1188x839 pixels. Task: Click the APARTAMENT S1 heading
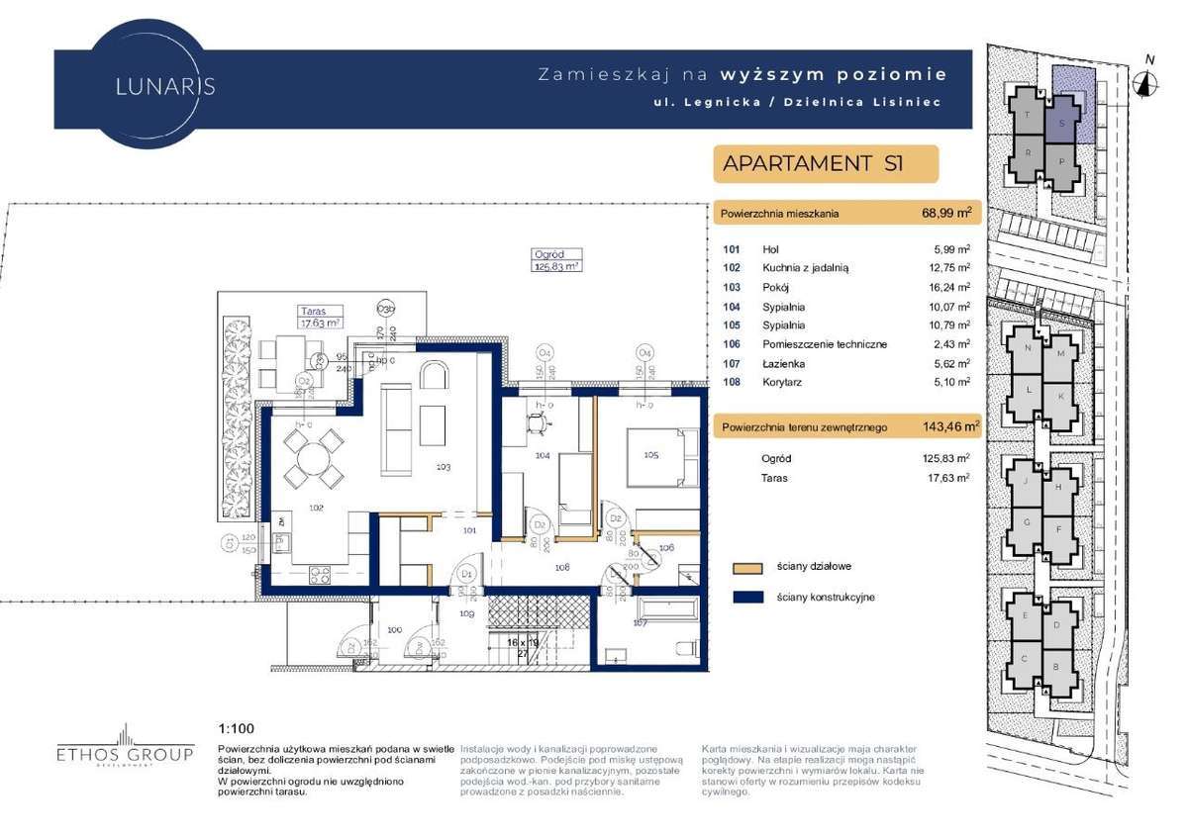[x=814, y=163]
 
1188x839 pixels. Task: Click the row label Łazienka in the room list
[x=783, y=362]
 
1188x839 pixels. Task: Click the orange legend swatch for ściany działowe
[x=747, y=568]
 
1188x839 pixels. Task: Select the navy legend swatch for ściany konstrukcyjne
[x=747, y=598]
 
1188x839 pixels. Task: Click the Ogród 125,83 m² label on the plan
[x=555, y=260]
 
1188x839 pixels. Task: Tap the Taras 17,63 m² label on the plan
[x=320, y=316]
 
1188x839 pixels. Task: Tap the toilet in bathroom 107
[x=682, y=649]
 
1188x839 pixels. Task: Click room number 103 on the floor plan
[x=442, y=465]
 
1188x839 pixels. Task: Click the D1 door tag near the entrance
[x=468, y=574]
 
